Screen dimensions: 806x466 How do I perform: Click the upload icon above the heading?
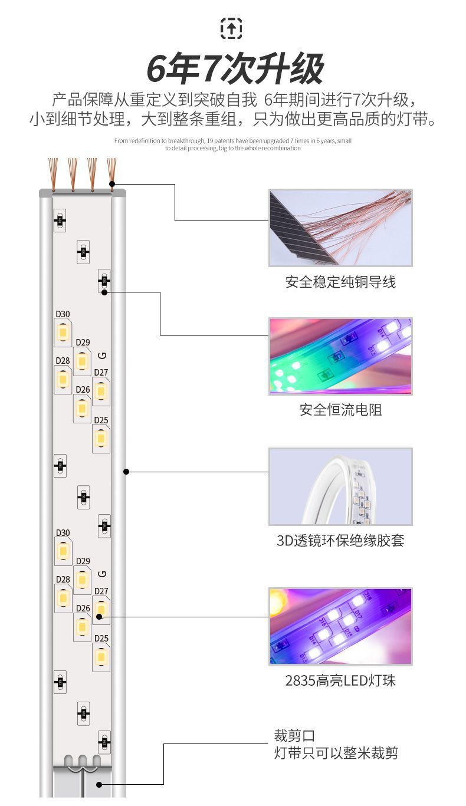(x=231, y=28)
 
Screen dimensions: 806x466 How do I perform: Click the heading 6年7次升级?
(x=235, y=69)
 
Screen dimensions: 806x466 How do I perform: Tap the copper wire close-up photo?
(x=340, y=228)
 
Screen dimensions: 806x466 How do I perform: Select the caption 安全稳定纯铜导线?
(x=340, y=282)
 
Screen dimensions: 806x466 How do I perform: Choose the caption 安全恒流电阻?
(x=340, y=410)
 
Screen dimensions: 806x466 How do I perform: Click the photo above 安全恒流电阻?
(x=340, y=356)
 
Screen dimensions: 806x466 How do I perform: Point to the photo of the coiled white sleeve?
(x=340, y=486)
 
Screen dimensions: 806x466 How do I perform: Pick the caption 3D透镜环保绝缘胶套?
(x=340, y=540)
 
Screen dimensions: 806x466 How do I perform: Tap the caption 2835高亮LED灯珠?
(x=340, y=681)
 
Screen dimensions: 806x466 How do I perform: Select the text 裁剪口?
(x=294, y=736)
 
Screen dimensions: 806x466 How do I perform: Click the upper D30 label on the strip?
(x=63, y=314)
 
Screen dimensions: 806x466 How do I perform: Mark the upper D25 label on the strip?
(x=101, y=420)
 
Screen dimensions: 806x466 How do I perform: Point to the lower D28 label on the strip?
(x=63, y=580)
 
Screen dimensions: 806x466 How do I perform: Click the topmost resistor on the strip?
(x=60, y=221)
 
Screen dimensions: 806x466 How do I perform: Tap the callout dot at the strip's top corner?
(x=112, y=184)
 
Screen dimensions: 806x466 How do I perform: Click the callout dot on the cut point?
(x=99, y=785)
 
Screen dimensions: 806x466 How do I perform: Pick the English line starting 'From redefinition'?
(x=232, y=141)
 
